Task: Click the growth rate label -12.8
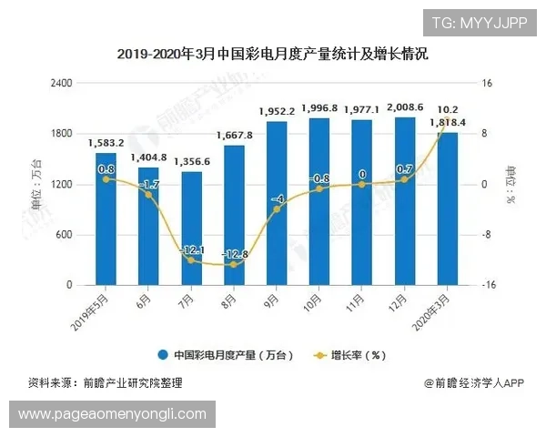pyautogui.click(x=232, y=254)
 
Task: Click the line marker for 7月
pyautogui.click(x=190, y=260)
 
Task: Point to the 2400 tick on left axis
pyautogui.click(x=61, y=83)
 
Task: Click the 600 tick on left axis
pyautogui.click(x=65, y=235)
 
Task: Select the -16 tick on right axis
pyautogui.click(x=489, y=285)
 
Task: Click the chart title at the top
pyautogui.click(x=272, y=55)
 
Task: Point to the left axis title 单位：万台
pyautogui.click(x=37, y=183)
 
